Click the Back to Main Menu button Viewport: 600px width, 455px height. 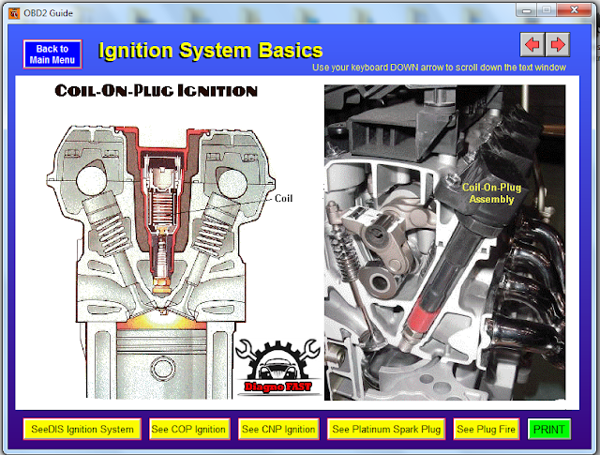[52, 54]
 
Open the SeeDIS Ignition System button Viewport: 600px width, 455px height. [82, 430]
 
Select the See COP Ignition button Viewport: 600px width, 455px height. [188, 430]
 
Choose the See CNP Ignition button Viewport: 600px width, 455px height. [277, 430]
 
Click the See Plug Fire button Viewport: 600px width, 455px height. [486, 430]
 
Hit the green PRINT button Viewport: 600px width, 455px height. [549, 430]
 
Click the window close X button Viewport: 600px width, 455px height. [569, 8]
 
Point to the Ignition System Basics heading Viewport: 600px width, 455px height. [210, 51]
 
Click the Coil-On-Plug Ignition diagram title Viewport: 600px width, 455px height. [156, 91]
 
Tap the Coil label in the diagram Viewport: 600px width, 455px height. [284, 198]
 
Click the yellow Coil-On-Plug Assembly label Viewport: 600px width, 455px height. [492, 192]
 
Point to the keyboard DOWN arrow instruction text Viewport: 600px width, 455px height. [452, 68]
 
